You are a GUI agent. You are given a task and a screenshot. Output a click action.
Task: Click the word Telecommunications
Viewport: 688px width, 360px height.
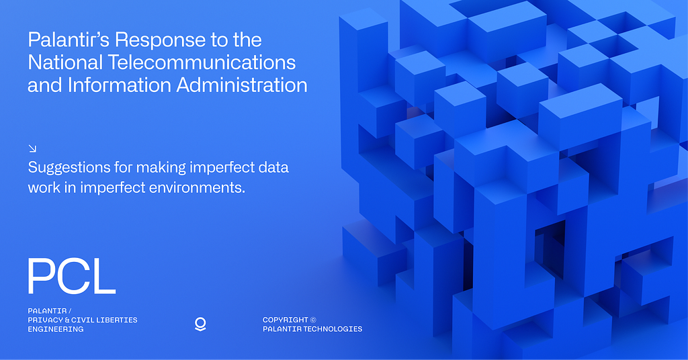tap(202, 62)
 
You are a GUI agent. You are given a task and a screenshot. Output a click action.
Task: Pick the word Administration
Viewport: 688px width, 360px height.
tap(242, 85)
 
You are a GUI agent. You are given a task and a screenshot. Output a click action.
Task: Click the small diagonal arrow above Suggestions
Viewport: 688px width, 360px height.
tap(32, 148)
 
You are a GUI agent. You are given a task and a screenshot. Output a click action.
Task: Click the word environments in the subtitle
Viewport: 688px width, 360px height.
tap(197, 187)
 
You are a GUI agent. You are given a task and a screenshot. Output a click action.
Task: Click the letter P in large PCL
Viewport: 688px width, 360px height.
tap(42, 276)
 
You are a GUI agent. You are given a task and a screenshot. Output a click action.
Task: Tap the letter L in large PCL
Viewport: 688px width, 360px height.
tap(103, 276)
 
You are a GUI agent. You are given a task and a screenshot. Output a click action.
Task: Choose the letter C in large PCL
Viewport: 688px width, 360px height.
tap(73, 276)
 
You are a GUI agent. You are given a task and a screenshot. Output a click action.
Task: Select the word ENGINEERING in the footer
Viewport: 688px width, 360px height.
tap(56, 329)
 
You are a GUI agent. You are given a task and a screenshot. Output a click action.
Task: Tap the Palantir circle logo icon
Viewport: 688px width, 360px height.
tap(200, 324)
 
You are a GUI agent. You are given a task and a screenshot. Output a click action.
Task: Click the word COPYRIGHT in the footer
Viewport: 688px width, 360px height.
tap(286, 320)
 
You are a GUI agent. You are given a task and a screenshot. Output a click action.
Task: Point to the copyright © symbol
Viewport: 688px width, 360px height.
tap(313, 320)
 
